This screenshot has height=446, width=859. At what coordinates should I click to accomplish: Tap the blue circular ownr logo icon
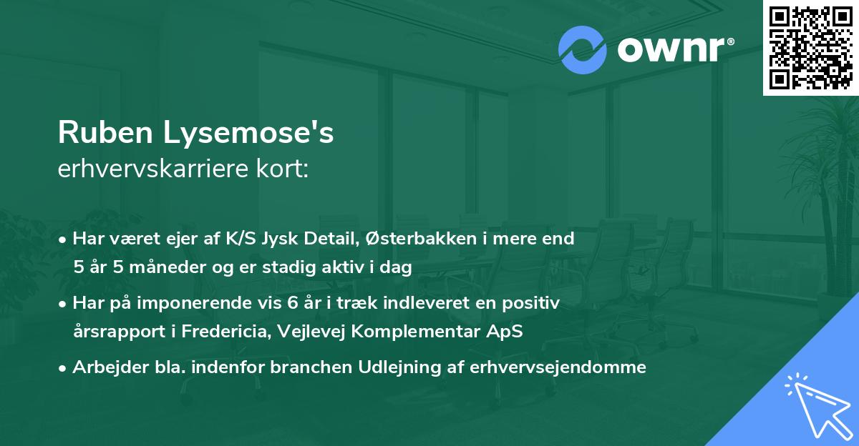click(583, 51)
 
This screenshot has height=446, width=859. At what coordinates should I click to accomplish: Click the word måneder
click(159, 268)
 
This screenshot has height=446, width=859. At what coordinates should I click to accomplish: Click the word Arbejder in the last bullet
click(103, 367)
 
